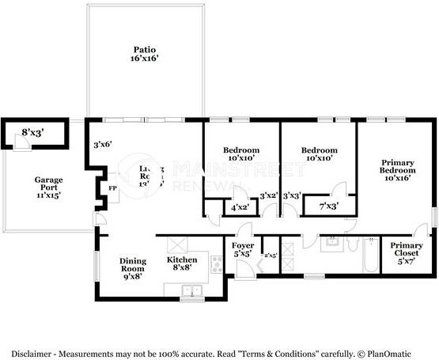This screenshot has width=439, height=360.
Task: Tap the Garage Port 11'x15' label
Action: (x=47, y=187)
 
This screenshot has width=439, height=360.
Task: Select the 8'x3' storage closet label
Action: (x=32, y=133)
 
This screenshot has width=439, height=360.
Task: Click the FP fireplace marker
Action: (x=112, y=188)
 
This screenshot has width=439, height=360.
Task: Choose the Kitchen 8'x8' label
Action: (x=187, y=263)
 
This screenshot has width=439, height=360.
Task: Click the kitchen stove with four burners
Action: (x=216, y=265)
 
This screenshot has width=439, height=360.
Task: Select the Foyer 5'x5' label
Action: (x=243, y=249)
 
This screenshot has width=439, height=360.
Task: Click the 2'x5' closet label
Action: (x=271, y=255)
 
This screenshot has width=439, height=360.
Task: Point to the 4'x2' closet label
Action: (x=239, y=207)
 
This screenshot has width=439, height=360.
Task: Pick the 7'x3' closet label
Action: (x=327, y=206)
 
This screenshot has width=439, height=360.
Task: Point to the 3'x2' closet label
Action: (x=268, y=195)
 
